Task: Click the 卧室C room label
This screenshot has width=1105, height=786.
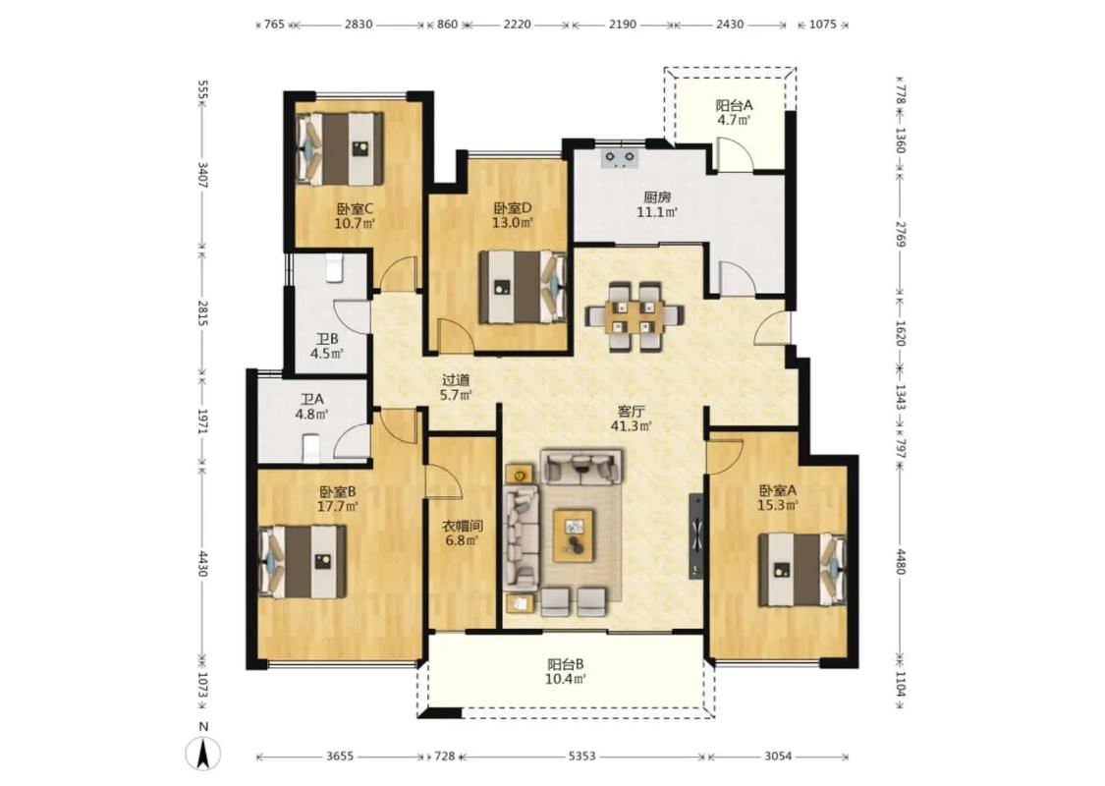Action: (354, 208)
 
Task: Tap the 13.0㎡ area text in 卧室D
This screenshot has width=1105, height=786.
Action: (513, 223)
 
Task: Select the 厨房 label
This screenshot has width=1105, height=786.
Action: (657, 197)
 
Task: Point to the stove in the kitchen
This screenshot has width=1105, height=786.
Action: (620, 158)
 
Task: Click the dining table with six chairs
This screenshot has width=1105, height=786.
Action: (635, 315)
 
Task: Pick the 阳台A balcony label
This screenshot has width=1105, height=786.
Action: (735, 106)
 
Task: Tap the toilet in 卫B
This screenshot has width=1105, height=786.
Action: (334, 268)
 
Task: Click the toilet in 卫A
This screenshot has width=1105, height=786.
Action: (310, 448)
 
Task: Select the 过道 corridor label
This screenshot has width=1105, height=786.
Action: (455, 380)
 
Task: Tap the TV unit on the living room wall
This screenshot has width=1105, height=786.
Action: (696, 535)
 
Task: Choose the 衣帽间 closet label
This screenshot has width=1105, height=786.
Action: (463, 526)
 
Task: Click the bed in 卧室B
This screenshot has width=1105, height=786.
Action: (303, 561)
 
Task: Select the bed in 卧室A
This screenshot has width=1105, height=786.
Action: (802, 570)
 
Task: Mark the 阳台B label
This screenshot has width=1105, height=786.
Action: (566, 664)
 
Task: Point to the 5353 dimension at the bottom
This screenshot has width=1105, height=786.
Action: (582, 757)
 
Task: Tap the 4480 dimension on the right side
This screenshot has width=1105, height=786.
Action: (899, 561)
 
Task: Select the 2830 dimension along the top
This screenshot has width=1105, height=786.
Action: (358, 25)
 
